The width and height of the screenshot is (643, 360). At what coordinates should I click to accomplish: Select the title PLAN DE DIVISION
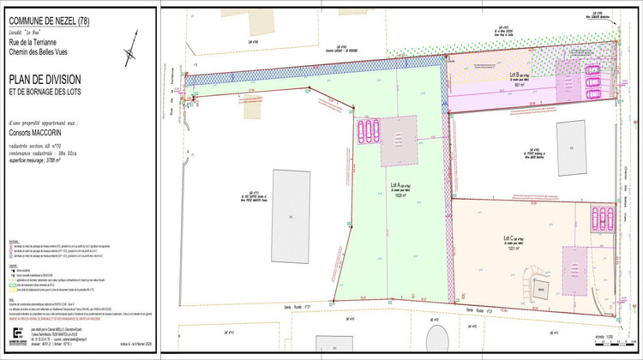(x=44, y=79)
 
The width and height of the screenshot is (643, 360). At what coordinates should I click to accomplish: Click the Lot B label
(x=511, y=75)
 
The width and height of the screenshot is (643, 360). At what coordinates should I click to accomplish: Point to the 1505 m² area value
(x=400, y=195)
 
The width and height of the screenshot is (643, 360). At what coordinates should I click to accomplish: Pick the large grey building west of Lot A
(x=291, y=210)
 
